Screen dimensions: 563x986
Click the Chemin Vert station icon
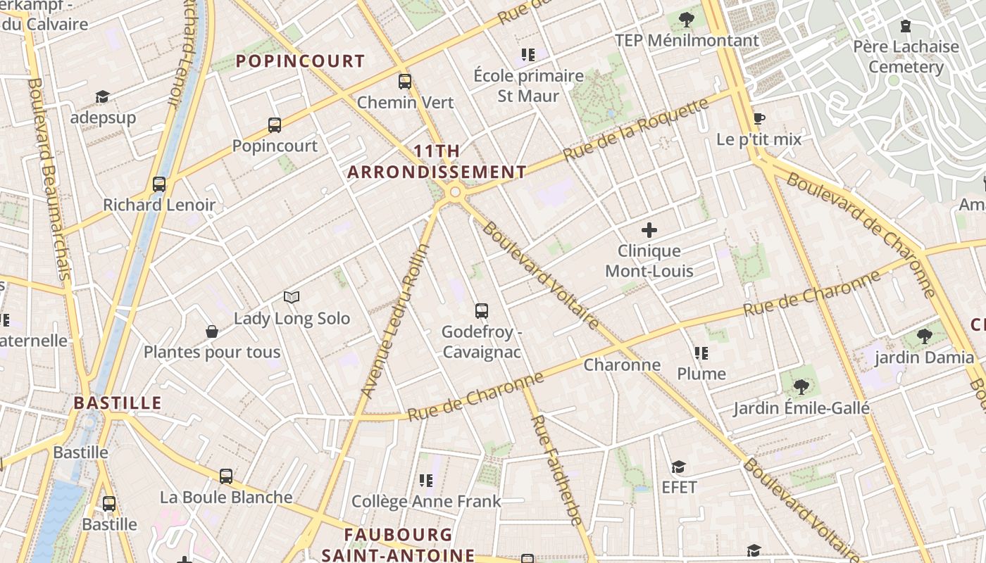point(404,81)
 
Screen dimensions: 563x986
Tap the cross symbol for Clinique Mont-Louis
point(649,229)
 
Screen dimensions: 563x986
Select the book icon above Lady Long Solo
point(292,298)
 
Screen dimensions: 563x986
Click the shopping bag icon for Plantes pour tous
point(211,331)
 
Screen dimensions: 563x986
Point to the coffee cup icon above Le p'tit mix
point(759,118)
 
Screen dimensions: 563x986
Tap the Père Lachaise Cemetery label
point(906,57)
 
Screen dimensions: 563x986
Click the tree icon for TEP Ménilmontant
point(687,20)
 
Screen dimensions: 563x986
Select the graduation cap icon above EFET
point(678,467)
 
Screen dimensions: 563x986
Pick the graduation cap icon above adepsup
point(103,96)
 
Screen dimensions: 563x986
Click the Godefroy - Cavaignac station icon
point(482,310)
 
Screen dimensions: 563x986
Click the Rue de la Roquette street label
point(636,129)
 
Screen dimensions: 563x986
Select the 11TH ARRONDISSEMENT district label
point(437,162)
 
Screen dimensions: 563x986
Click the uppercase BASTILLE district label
point(118,403)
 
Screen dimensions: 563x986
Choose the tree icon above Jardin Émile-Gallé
point(801,386)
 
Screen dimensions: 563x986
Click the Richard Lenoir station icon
point(159,184)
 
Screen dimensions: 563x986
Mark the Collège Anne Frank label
point(426,501)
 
